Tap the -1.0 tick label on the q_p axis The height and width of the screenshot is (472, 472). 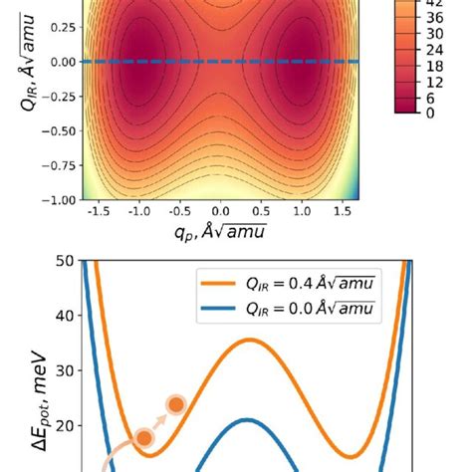[x=135, y=212]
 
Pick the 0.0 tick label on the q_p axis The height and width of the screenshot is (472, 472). [x=221, y=212]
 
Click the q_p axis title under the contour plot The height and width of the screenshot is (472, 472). [x=221, y=232]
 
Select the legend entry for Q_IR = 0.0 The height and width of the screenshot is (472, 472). [x=299, y=311]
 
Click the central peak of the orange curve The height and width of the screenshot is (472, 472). [x=248, y=341]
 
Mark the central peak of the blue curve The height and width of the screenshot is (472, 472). [x=248, y=419]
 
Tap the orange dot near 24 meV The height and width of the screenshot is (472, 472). [x=176, y=404]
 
